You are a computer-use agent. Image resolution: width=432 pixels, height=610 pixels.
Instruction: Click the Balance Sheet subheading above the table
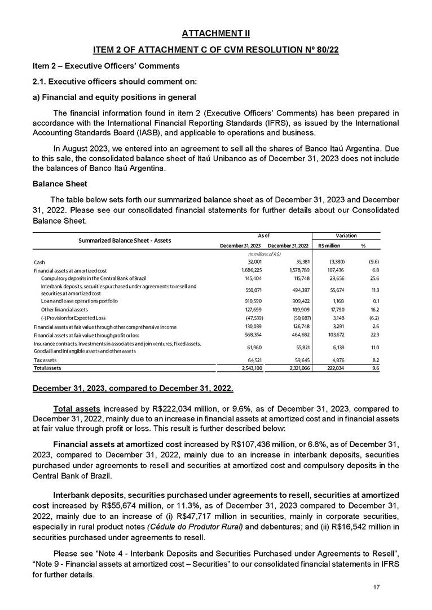58,184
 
